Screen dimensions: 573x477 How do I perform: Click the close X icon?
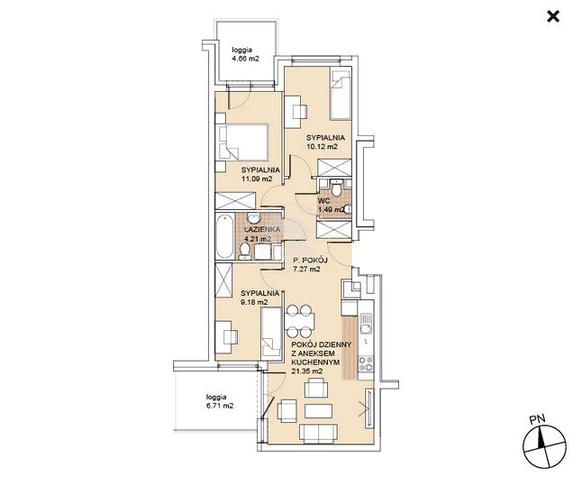click(553, 16)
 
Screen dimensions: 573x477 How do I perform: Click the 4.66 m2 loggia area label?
click(246, 59)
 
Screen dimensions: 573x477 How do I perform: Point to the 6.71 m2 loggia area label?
click(220, 406)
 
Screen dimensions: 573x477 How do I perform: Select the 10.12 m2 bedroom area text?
click(322, 146)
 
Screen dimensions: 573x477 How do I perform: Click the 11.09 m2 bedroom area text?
click(257, 179)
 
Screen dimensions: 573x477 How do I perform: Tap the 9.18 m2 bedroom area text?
click(255, 302)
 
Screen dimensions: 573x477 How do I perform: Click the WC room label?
click(323, 201)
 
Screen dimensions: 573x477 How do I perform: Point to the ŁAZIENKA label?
click(261, 229)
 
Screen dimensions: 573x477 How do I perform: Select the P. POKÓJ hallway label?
click(311, 260)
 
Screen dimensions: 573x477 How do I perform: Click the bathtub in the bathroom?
click(224, 236)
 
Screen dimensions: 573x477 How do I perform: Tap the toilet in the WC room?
click(336, 188)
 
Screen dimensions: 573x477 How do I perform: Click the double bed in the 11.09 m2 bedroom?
click(244, 142)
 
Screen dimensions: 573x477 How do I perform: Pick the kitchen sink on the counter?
click(366, 324)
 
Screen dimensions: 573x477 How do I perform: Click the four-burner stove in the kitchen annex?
click(366, 363)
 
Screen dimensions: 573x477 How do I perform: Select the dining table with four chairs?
click(299, 321)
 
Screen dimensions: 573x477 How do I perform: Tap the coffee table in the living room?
click(318, 411)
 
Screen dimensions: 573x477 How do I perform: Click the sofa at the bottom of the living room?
click(318, 433)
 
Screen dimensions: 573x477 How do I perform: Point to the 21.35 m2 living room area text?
click(307, 371)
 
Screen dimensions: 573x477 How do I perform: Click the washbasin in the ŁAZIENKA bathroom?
click(252, 218)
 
